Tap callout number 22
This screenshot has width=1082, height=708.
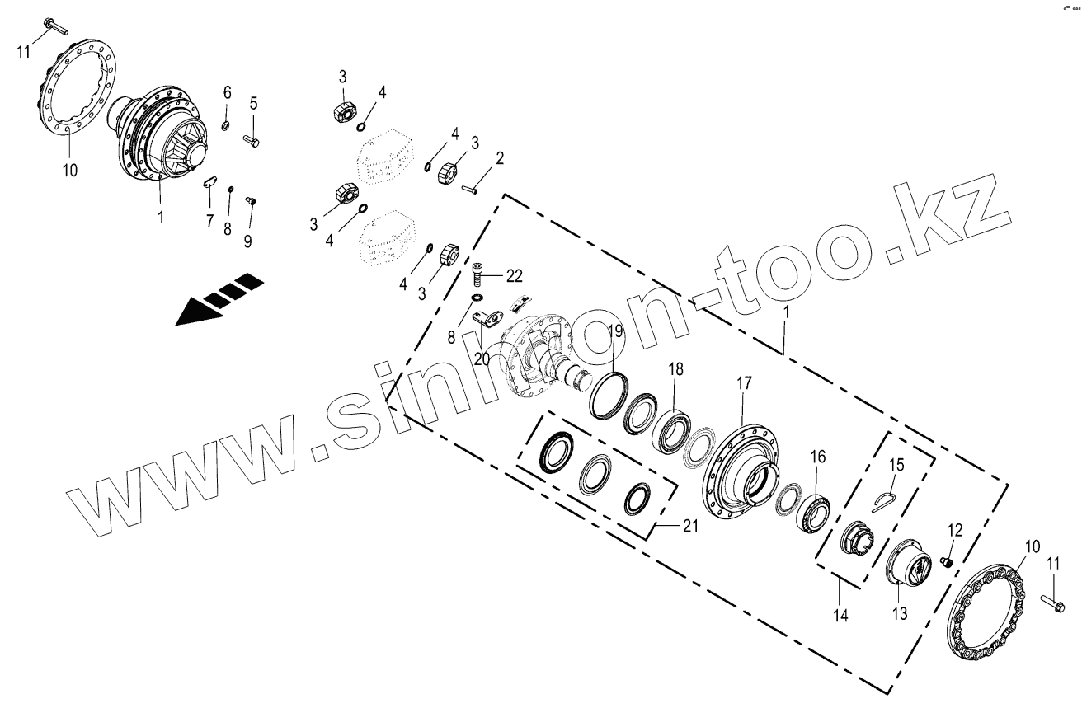pyautogui.click(x=514, y=275)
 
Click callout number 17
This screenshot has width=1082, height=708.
pyautogui.click(x=744, y=383)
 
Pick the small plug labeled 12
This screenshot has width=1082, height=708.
pyautogui.click(x=948, y=561)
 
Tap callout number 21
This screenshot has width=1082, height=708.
pyautogui.click(x=690, y=526)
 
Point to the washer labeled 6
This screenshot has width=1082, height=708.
pyautogui.click(x=225, y=125)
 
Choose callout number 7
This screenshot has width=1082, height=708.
pyautogui.click(x=209, y=221)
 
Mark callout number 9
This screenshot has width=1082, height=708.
pyautogui.click(x=247, y=240)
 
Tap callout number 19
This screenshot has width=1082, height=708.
pyautogui.click(x=615, y=331)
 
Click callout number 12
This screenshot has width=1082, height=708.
pyautogui.click(x=954, y=529)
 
